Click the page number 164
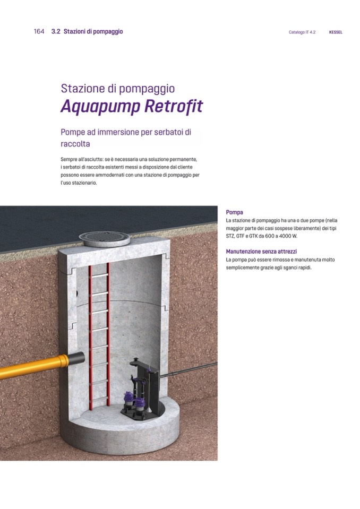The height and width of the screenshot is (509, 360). (x=39, y=31)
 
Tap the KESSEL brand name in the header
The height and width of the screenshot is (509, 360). (x=336, y=32)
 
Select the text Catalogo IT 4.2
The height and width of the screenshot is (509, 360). (x=302, y=32)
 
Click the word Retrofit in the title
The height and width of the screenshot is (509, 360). (x=174, y=106)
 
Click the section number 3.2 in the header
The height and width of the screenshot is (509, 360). (x=56, y=31)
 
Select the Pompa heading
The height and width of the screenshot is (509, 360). (x=234, y=212)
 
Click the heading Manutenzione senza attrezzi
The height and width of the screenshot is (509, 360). (x=261, y=251)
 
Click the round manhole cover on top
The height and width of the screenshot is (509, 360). (x=105, y=239)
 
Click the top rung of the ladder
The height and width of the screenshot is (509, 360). (x=99, y=275)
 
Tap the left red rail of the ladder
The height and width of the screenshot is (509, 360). (x=91, y=337)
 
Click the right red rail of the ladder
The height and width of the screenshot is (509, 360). (x=108, y=334)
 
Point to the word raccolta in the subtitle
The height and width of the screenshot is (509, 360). (x=75, y=143)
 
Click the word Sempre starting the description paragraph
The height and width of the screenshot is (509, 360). (x=68, y=160)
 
